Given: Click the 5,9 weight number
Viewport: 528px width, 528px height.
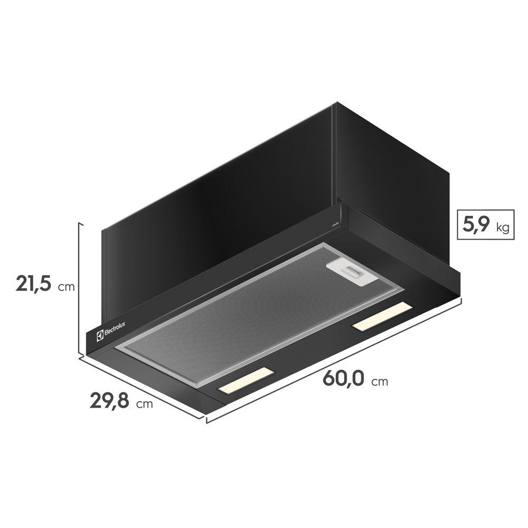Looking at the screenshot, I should [x=475, y=225].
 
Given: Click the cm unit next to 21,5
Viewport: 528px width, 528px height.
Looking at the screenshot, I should [x=67, y=288].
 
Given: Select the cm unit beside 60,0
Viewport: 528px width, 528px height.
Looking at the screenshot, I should [x=379, y=382].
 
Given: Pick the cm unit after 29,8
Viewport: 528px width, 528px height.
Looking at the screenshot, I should [x=144, y=405].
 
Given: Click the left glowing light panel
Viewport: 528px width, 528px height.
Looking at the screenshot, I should [x=245, y=380].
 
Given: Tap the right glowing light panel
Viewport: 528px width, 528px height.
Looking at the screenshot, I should [x=382, y=317].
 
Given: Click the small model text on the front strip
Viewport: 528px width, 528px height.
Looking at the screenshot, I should [x=334, y=224].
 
